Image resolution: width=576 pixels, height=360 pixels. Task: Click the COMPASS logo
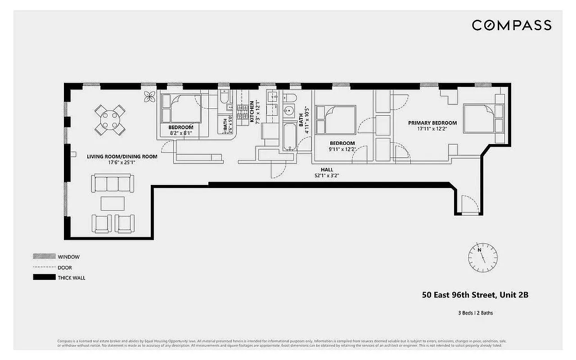(x=512, y=25)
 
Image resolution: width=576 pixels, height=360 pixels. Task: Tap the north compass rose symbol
(x=482, y=256)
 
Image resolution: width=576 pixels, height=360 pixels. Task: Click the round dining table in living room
(x=110, y=120)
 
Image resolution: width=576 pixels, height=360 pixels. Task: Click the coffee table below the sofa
(x=112, y=203)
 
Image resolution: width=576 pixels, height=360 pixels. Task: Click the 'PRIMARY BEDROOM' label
(x=432, y=123)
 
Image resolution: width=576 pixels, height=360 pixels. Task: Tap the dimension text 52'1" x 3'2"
(x=327, y=176)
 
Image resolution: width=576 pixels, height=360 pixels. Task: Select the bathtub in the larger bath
(x=288, y=136)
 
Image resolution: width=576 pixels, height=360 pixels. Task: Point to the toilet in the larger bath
(x=289, y=98)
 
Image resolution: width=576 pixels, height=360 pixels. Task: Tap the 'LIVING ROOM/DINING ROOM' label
(x=122, y=157)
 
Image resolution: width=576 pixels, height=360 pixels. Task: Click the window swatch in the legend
(x=44, y=256)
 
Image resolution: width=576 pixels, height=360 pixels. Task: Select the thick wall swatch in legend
(x=44, y=278)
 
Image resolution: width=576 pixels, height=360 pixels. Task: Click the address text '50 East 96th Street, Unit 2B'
(x=475, y=295)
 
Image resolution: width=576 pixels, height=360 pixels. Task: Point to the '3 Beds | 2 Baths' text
(x=475, y=313)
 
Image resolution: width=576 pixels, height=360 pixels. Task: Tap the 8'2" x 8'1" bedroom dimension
(x=180, y=133)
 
